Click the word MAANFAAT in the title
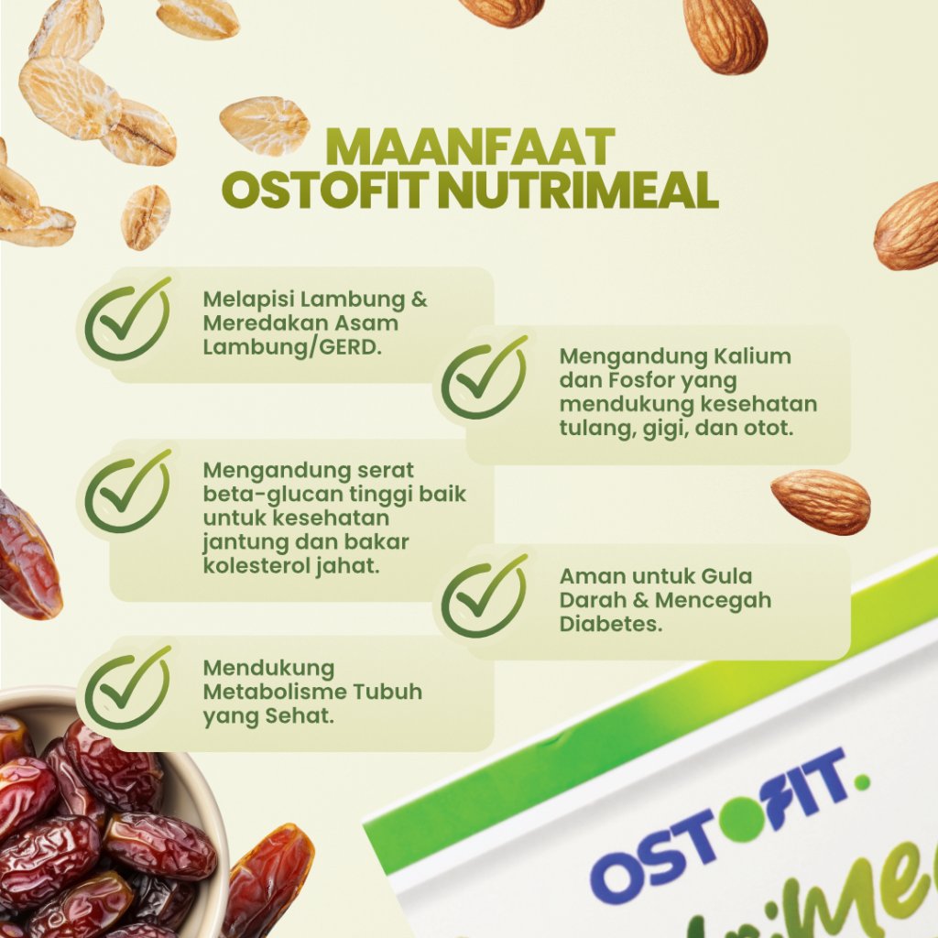[472, 147]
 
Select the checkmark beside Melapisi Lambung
[128, 319]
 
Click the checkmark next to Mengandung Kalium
[485, 377]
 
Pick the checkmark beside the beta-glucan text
[128, 492]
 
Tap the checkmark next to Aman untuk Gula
[485, 595]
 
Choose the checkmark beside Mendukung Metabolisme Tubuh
[128, 688]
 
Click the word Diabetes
[611, 624]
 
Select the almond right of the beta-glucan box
[821, 501]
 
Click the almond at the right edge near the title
[908, 227]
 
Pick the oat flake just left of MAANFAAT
[265, 125]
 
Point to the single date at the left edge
[28, 555]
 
